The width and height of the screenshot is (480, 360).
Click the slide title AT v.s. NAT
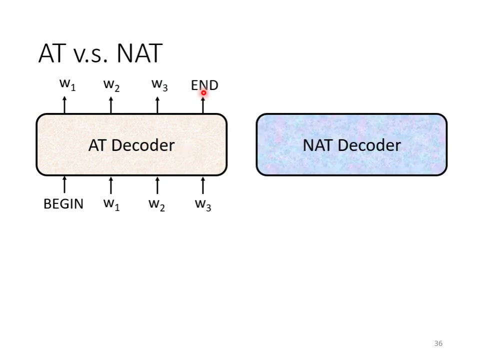100,53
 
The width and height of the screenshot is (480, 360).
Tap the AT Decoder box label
131,145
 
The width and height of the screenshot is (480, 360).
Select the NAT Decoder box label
351,145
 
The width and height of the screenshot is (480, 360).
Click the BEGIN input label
63,204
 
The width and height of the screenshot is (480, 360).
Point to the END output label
204,85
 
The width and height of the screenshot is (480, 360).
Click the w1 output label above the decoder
67,84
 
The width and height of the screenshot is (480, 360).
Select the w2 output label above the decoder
111,85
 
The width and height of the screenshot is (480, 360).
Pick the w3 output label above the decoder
159,84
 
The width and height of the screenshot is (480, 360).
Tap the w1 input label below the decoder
111,204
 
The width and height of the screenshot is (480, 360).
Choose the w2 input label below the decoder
156,204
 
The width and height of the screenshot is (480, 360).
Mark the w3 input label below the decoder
203,204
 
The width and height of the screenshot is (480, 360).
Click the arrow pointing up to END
202,105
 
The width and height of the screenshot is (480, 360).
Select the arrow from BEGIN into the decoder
64,185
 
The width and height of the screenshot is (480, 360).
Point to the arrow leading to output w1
64,105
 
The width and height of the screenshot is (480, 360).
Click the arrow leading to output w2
110,105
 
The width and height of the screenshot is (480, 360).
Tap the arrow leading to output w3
157,105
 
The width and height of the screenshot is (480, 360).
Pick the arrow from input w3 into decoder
202,185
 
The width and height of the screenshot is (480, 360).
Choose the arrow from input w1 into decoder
110,185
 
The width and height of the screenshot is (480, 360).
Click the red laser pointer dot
203,92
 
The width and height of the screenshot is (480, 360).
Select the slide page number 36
438,343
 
